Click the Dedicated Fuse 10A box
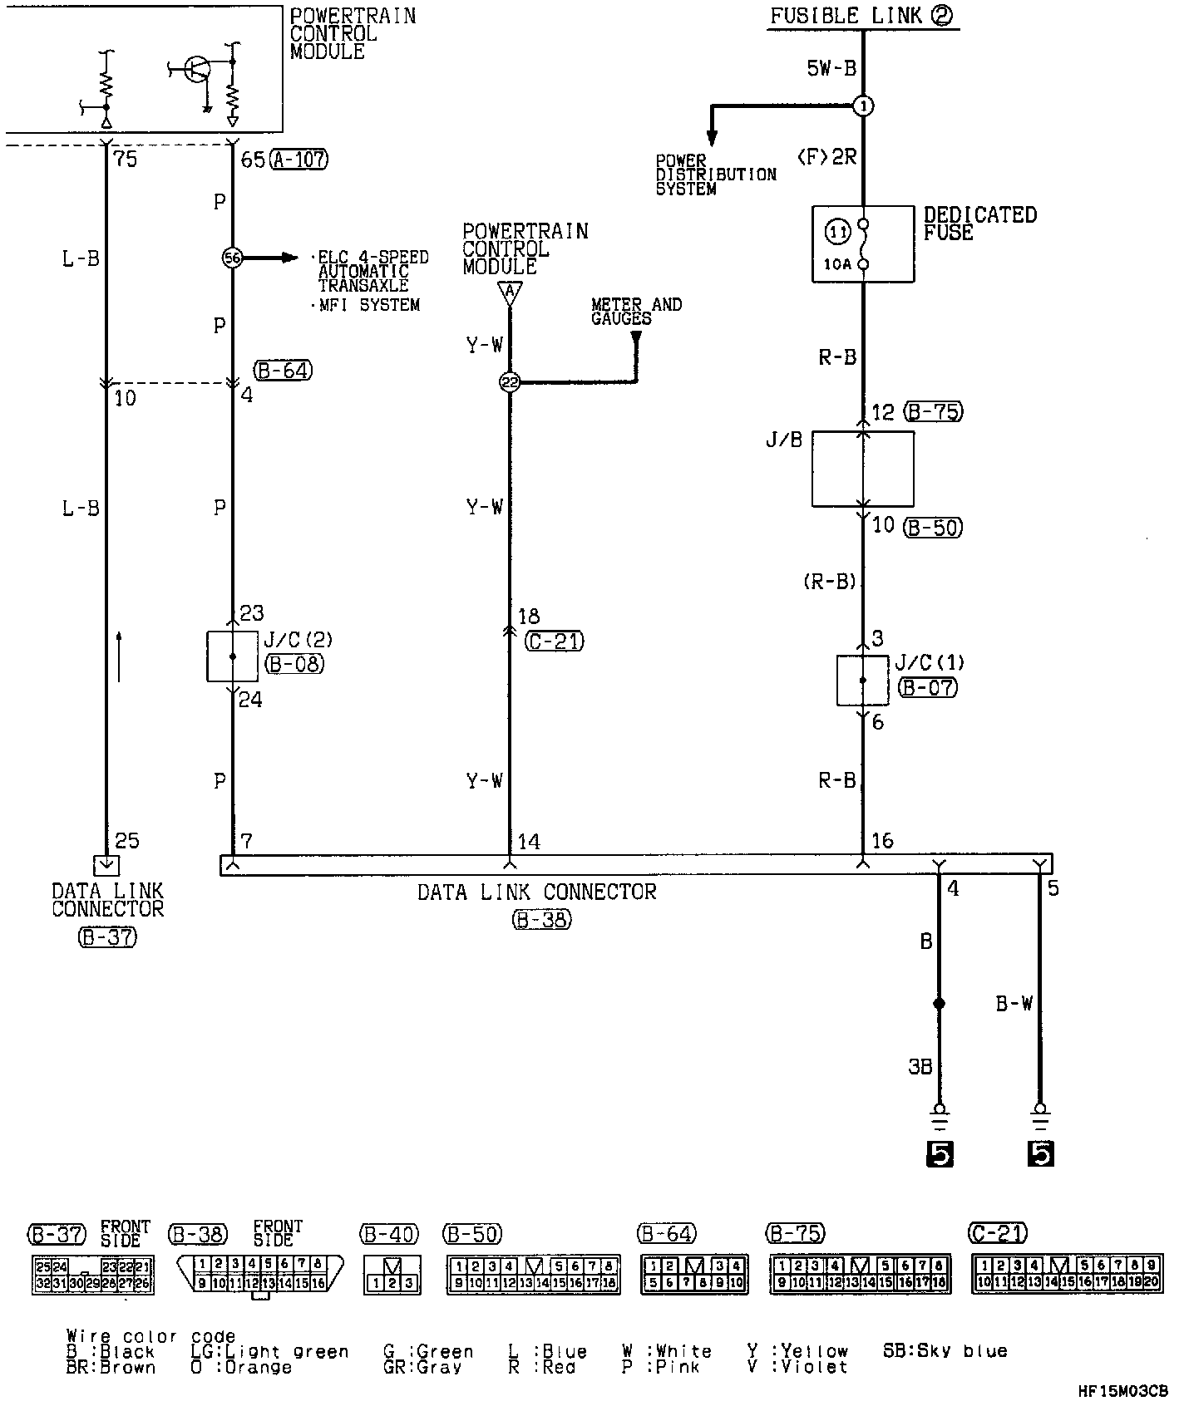[x=862, y=244]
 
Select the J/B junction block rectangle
[x=862, y=469]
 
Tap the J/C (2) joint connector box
[x=232, y=656]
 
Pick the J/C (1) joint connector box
[x=862, y=681]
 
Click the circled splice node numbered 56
[x=232, y=258]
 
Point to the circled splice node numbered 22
[x=510, y=382]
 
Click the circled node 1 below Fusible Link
[x=864, y=106]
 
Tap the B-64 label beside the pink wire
[x=284, y=371]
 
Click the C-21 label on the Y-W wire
[x=555, y=641]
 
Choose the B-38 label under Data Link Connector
[x=541, y=920]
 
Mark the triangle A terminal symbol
[x=510, y=292]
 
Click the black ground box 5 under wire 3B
[x=940, y=1153]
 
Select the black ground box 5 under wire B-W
[x=1040, y=1153]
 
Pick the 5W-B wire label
[x=831, y=68]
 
